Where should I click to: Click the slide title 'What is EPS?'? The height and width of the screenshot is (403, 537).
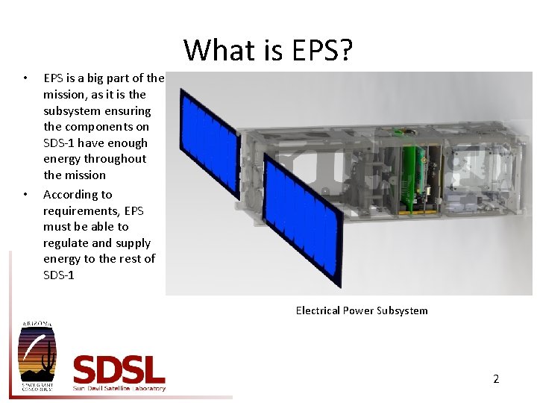(x=268, y=51)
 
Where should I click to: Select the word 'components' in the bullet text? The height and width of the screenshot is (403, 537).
(x=95, y=127)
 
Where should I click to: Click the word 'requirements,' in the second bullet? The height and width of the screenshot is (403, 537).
(x=81, y=210)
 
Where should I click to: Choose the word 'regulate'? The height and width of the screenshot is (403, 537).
(x=66, y=243)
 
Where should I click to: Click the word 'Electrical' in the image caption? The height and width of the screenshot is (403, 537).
(x=317, y=310)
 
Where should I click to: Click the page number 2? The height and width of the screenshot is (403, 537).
(x=496, y=379)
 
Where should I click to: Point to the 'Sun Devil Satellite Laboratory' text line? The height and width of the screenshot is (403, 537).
(x=119, y=388)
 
